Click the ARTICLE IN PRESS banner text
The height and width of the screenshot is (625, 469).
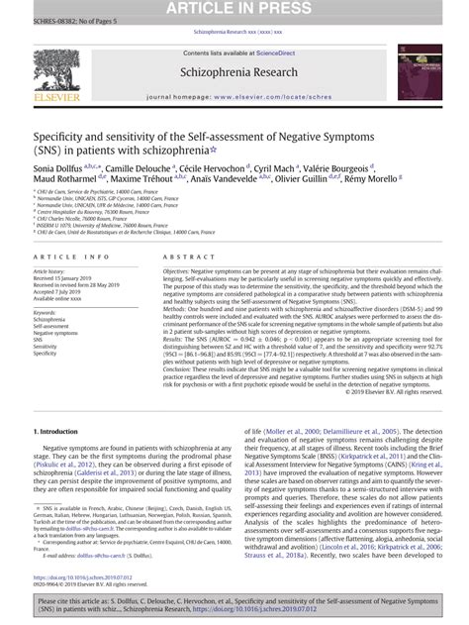234,9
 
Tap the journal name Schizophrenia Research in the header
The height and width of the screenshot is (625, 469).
234,73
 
